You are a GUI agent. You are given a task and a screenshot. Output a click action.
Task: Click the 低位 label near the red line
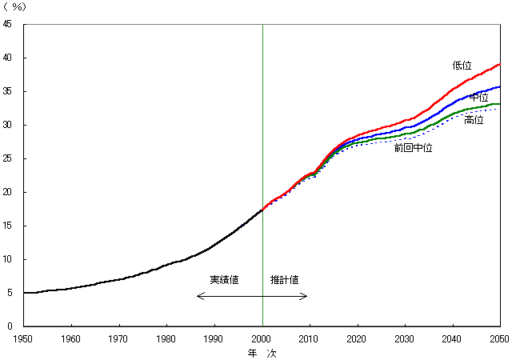[462, 66]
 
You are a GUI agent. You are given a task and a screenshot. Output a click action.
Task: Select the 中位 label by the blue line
[479, 97]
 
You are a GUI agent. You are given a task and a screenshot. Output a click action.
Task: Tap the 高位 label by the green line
[474, 120]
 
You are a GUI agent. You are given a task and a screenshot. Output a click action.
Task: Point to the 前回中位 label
[413, 148]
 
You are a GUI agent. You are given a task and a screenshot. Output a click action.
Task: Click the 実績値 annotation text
[224, 280]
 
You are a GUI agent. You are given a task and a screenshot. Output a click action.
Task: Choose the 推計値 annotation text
[284, 280]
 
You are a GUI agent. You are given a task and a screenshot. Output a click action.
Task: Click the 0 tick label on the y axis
[9, 326]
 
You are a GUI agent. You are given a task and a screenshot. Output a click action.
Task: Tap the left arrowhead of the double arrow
[198, 297]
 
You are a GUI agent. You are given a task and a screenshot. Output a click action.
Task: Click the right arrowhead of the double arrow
[306, 297]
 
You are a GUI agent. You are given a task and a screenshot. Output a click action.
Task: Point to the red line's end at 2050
[500, 64]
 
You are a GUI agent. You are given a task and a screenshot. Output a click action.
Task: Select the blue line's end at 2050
[500, 86]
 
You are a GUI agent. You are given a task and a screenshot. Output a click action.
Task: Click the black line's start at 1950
[25, 293]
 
